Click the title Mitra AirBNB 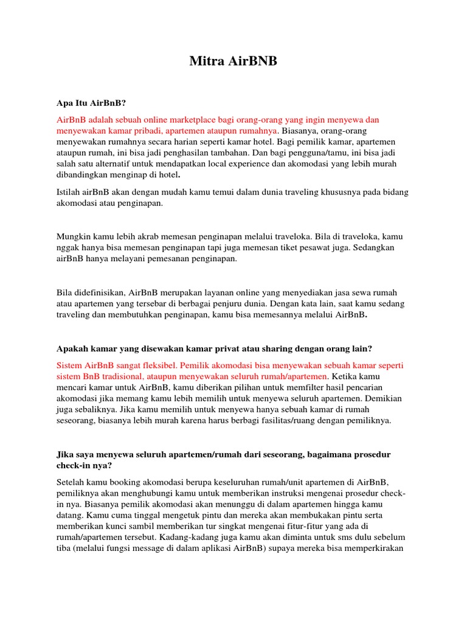pyautogui.click(x=233, y=61)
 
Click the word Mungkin pyautogui.click(x=75, y=236)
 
